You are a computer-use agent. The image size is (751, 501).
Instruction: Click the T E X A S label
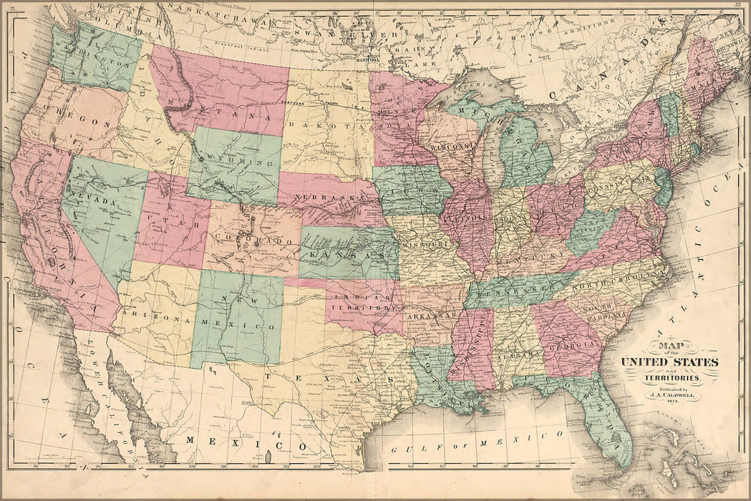click(x=329, y=376)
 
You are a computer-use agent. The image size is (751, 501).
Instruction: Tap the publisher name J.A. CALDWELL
click(x=672, y=393)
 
